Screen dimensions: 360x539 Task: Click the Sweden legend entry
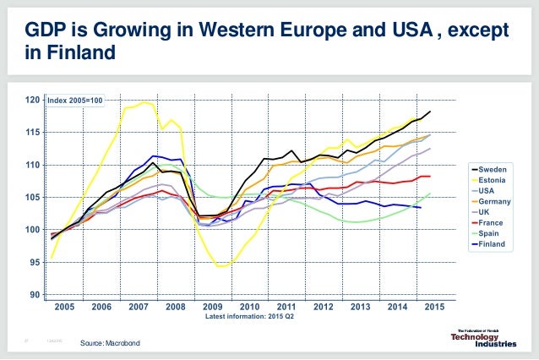(491, 170)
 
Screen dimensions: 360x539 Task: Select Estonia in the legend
(491, 180)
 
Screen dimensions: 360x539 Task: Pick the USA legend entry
(487, 191)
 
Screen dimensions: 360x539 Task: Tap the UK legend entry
(486, 212)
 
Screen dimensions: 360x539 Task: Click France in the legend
(490, 222)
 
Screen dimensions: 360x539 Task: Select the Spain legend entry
(489, 233)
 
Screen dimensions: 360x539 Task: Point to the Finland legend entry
(491, 243)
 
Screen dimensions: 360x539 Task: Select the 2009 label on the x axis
(212, 306)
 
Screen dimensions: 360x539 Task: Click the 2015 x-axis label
(434, 306)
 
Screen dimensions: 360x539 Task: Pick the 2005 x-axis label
(64, 306)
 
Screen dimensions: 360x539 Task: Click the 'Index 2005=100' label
(75, 101)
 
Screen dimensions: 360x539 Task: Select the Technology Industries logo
(484, 336)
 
